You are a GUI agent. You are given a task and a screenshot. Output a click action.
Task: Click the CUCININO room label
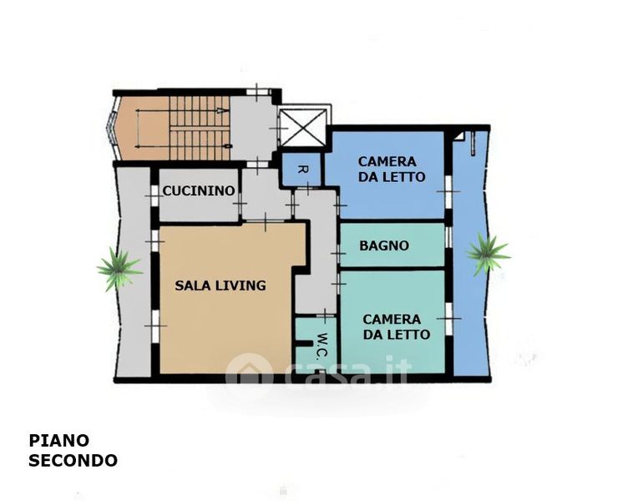click(x=199, y=190)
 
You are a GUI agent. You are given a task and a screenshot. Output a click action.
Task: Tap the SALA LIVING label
click(x=220, y=286)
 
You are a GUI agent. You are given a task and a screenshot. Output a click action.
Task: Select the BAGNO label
click(x=384, y=245)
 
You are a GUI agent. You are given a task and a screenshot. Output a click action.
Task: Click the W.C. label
click(x=322, y=347)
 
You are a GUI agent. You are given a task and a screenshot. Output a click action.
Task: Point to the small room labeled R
click(x=301, y=170)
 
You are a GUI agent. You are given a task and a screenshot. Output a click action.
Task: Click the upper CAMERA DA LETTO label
click(x=392, y=169)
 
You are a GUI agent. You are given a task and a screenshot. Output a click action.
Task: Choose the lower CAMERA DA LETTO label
click(x=397, y=326)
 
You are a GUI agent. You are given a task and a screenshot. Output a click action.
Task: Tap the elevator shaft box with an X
click(x=304, y=128)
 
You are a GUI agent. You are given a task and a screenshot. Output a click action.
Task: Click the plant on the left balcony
click(x=119, y=269)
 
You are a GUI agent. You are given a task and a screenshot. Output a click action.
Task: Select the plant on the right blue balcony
click(x=488, y=253)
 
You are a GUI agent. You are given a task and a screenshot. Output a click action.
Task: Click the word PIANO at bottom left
click(x=59, y=440)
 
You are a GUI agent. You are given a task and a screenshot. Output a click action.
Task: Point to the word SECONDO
click(x=73, y=461)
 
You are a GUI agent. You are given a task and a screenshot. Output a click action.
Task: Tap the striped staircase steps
click(x=200, y=128)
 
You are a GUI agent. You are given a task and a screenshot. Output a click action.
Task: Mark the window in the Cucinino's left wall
click(x=154, y=195)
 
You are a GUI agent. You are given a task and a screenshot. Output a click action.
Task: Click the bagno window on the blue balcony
click(x=448, y=236)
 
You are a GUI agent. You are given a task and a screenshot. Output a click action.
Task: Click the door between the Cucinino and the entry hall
click(x=241, y=203)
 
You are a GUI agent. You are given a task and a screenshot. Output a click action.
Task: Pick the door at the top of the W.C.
click(x=325, y=315)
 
